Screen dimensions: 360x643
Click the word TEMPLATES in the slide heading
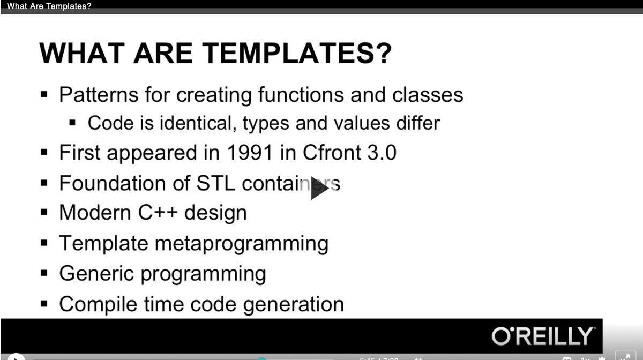click(299, 54)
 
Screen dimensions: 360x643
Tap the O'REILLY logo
click(542, 336)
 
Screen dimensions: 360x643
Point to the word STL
click(216, 183)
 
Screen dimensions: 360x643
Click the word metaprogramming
click(241, 244)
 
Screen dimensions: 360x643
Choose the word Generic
click(98, 274)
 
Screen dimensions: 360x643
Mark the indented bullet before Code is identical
click(73, 124)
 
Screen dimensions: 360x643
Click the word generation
click(294, 304)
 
